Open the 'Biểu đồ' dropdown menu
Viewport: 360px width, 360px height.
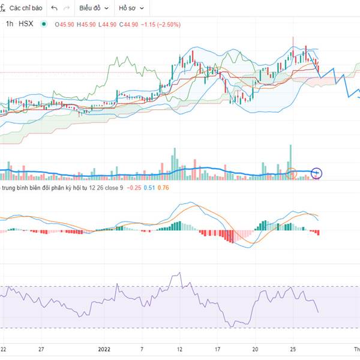click(x=94, y=8)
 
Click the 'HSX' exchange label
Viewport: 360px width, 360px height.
click(x=26, y=24)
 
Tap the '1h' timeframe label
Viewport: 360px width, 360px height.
click(x=10, y=24)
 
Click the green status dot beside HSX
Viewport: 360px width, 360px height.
click(x=43, y=24)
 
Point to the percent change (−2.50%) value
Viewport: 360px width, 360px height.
click(x=165, y=24)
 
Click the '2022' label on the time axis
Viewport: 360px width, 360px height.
click(x=105, y=349)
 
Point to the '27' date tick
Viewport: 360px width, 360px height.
click(x=41, y=349)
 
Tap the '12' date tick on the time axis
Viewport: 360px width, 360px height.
click(x=179, y=349)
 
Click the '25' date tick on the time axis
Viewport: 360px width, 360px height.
click(x=293, y=349)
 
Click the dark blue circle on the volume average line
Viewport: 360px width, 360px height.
click(x=317, y=174)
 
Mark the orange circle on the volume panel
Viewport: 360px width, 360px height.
click(x=292, y=174)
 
